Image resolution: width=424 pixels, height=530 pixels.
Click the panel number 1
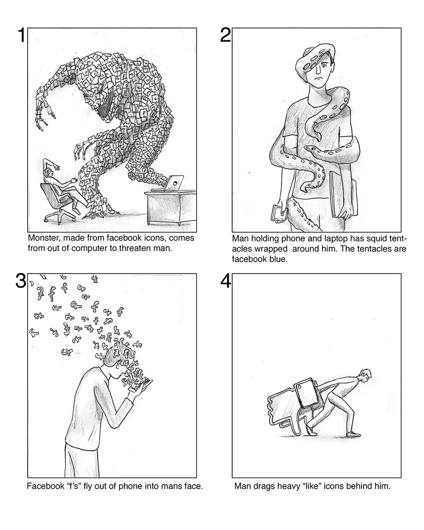(22, 35)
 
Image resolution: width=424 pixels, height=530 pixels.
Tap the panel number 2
(226, 35)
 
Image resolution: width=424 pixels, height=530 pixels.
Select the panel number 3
(20, 281)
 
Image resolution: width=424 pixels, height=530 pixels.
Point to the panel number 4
(226, 281)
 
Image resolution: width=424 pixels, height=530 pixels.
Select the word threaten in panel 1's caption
(135, 248)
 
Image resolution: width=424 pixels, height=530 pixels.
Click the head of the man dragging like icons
(365, 375)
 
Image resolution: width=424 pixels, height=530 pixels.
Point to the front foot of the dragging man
(353, 434)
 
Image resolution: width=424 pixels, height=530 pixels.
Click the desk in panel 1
(171, 207)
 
